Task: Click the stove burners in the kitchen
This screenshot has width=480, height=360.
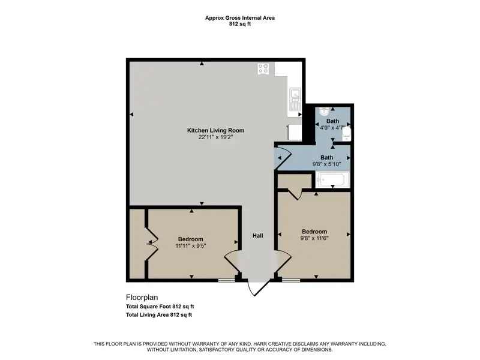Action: [x=263, y=69]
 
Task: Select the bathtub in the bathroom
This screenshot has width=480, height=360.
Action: [x=332, y=179]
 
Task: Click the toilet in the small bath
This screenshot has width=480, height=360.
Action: [x=347, y=133]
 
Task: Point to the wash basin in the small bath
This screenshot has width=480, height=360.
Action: [x=324, y=111]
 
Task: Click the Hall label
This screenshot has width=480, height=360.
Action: [x=258, y=236]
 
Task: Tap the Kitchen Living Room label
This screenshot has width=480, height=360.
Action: [x=216, y=130]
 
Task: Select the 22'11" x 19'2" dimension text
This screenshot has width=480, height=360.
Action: [x=216, y=137]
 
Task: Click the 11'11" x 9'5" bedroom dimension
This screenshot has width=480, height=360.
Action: [x=191, y=246]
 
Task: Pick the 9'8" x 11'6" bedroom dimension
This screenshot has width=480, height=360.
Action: [x=314, y=238]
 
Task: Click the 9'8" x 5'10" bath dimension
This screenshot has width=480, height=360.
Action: [x=326, y=164]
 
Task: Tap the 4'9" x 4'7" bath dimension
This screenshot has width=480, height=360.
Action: [x=332, y=128]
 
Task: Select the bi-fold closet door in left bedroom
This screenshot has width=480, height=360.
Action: [x=152, y=244]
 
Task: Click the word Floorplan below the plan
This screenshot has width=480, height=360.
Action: [x=142, y=297]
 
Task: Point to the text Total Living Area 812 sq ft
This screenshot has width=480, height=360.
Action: [x=159, y=314]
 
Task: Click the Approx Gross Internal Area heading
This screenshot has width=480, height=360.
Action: [x=240, y=18]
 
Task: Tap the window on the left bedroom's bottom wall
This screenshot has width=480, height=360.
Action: [x=227, y=280]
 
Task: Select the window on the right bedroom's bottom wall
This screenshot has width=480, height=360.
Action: [x=291, y=280]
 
